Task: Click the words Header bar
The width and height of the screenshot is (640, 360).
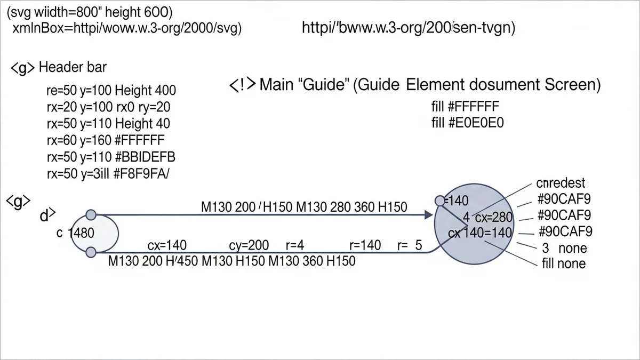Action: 73,68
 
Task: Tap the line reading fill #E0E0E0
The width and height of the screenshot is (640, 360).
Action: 467,123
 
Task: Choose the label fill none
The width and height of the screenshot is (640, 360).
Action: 563,263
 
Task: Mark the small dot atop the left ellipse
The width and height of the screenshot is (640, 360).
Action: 91,215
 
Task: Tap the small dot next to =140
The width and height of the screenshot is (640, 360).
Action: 439,201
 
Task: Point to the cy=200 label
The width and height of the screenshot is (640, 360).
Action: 249,245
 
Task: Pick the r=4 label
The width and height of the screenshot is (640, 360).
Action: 294,245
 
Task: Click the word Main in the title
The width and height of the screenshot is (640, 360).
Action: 277,85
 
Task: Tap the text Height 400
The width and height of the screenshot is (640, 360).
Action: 145,90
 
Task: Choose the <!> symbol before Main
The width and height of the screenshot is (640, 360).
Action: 242,85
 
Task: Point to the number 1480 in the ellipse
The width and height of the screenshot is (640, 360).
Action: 83,233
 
